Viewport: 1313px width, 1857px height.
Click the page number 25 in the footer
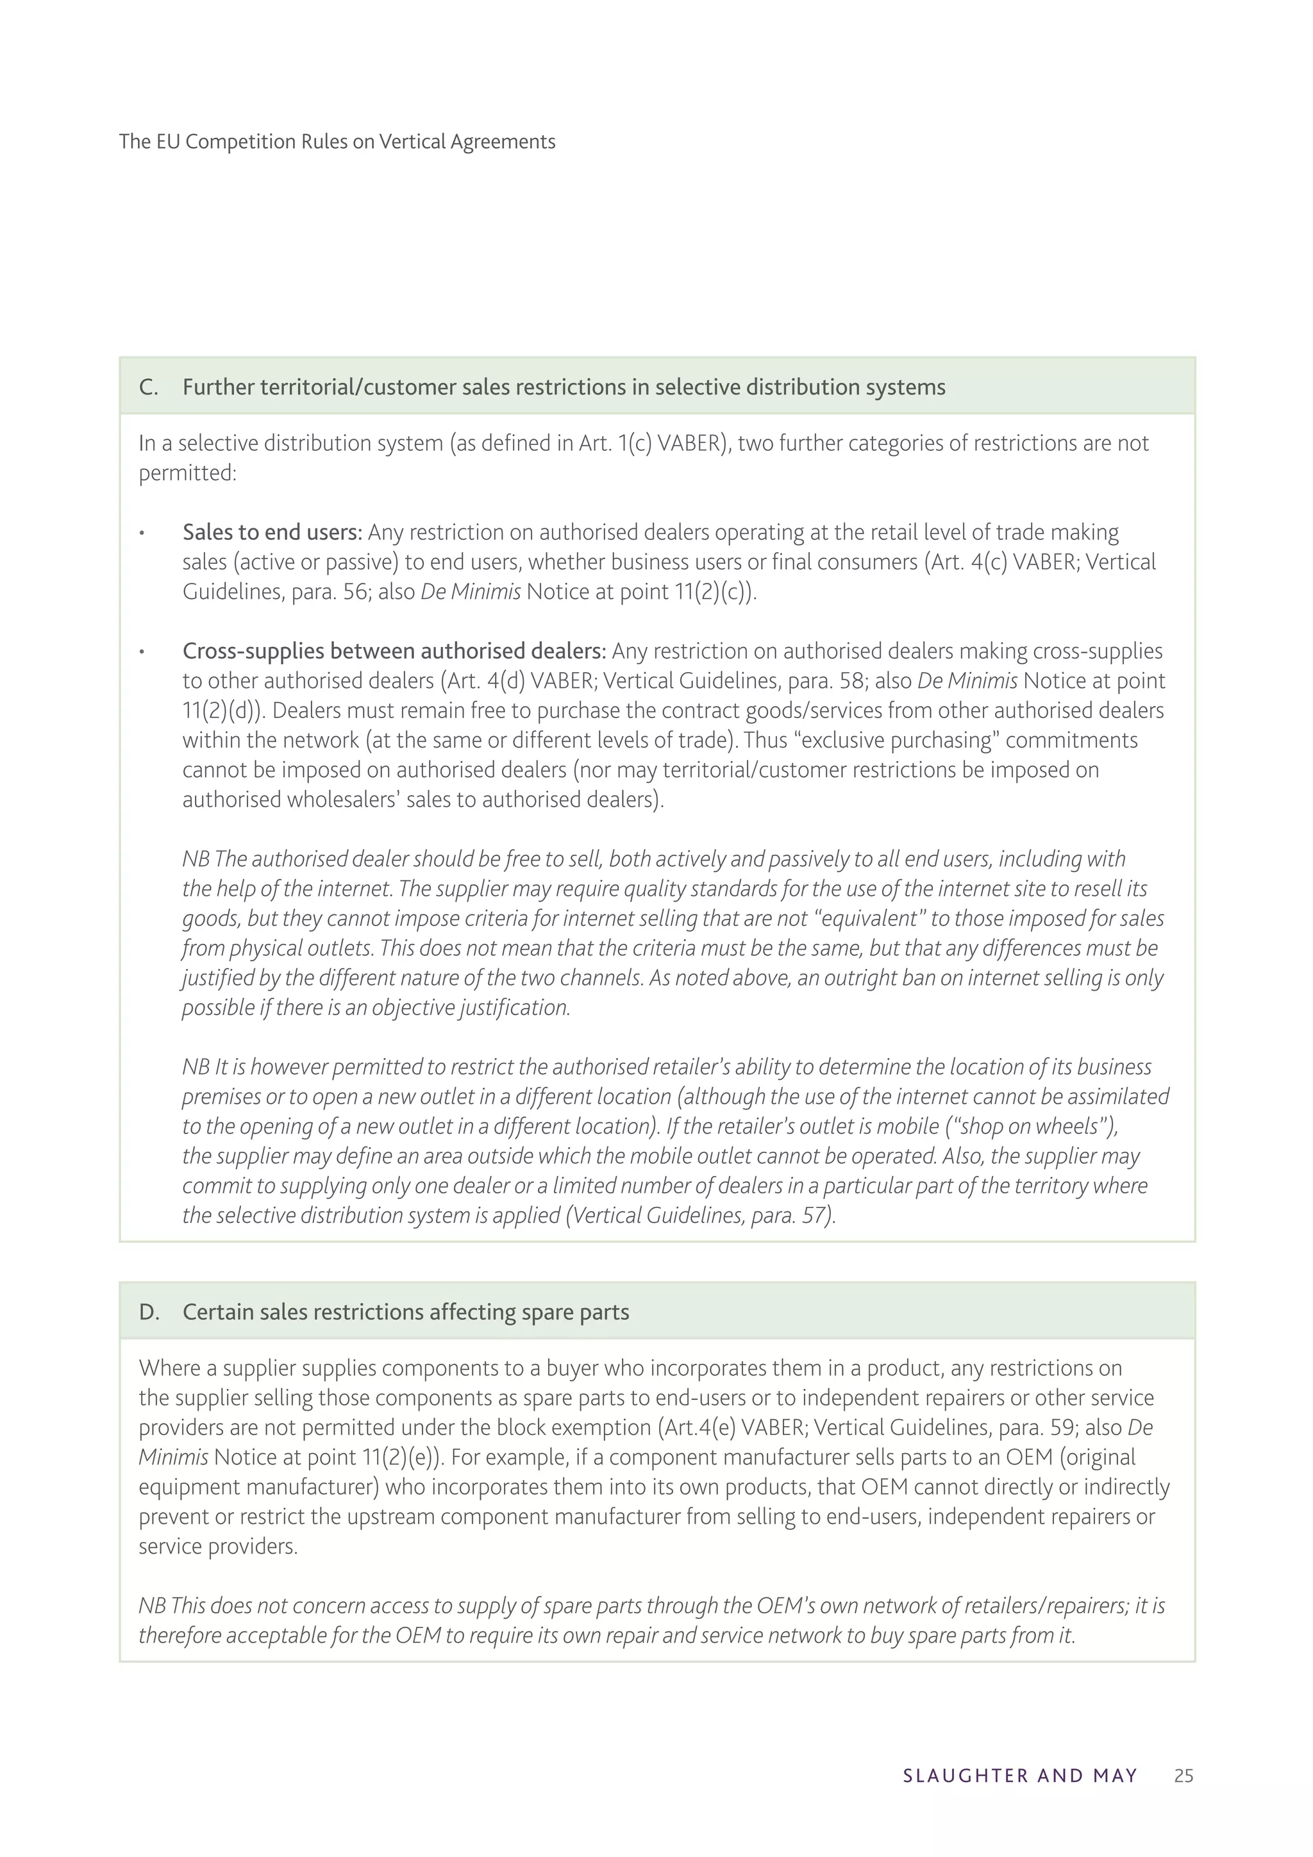click(1183, 1776)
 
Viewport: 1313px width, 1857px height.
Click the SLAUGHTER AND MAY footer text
click(1019, 1776)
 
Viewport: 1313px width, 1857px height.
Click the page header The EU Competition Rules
click(337, 142)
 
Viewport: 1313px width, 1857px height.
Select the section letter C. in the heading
click(149, 387)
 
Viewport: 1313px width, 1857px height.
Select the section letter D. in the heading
click(149, 1312)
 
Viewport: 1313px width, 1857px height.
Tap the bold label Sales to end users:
click(272, 532)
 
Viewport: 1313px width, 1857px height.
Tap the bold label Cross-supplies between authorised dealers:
click(394, 651)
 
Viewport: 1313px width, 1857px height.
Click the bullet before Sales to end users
click(142, 534)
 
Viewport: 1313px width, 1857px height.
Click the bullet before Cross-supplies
click(142, 653)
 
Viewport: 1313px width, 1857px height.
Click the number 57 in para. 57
click(812, 1215)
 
